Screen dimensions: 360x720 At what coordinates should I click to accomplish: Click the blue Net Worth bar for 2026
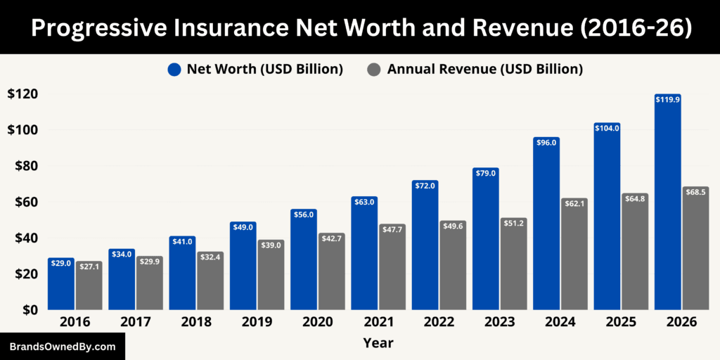point(667,204)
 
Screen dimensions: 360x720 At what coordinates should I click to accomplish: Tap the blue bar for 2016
point(60,285)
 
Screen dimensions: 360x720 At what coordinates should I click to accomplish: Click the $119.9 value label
point(667,100)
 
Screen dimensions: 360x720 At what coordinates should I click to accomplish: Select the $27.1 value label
point(89,267)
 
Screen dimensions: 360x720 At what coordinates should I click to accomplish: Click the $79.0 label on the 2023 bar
point(486,173)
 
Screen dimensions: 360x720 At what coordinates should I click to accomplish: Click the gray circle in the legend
point(375,69)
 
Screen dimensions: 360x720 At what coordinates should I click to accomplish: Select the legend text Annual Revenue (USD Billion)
point(485,69)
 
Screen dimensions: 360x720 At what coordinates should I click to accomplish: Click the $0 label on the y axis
point(30,309)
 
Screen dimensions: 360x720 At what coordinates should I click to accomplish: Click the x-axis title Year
point(378,343)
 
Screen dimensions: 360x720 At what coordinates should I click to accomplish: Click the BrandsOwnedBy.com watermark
point(62,347)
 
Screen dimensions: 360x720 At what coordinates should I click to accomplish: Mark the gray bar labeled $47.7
point(392,267)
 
